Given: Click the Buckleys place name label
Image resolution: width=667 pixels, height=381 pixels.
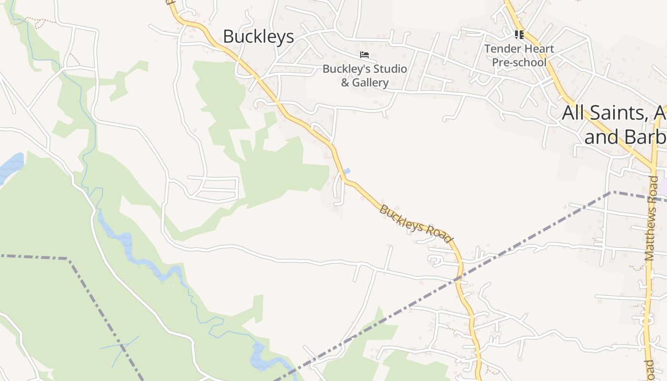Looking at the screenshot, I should click(258, 37).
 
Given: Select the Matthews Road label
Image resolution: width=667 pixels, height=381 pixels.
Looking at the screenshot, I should click(651, 218).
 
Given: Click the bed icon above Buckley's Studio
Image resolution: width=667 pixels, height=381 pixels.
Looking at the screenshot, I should click(364, 55).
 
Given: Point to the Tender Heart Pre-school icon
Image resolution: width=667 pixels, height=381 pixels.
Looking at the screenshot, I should click(519, 35).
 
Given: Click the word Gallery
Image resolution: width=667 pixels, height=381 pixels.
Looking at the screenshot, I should click(371, 82).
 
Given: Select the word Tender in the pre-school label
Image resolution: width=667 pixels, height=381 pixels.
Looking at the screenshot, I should click(500, 49).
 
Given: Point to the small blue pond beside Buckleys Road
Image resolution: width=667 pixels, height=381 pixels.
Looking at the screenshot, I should click(347, 171).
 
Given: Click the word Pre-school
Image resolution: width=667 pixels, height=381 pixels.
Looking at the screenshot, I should click(519, 62).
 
